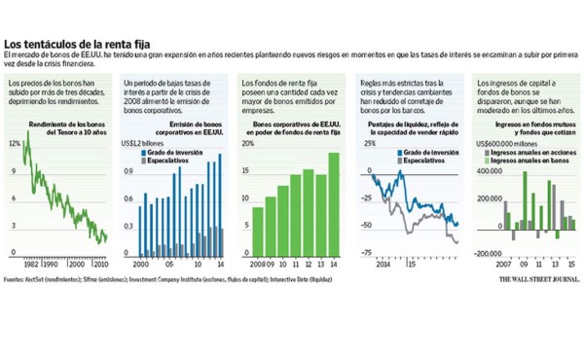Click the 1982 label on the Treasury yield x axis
31,263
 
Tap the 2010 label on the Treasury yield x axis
98,263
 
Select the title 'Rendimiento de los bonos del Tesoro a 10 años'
66,129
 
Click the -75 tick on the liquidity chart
367,253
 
